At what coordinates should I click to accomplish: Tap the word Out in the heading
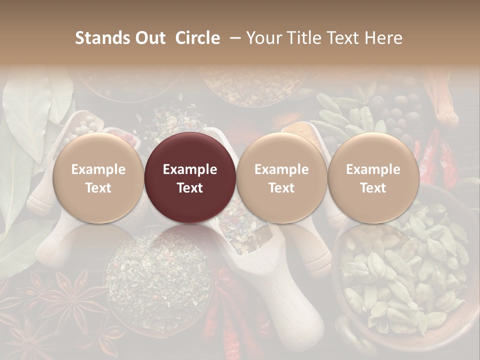pos(149,38)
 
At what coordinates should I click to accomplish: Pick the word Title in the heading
pos(308,38)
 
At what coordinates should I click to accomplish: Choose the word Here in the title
pos(383,38)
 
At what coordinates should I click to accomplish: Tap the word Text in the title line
pos(346,38)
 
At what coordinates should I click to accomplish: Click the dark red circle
pos(190,177)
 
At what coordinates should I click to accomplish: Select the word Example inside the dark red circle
pos(190,169)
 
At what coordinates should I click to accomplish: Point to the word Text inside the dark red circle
pos(190,188)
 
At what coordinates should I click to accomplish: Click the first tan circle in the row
pos(98,177)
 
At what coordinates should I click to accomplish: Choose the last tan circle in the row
pos(373,177)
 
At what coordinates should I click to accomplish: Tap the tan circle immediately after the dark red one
pos(281,177)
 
